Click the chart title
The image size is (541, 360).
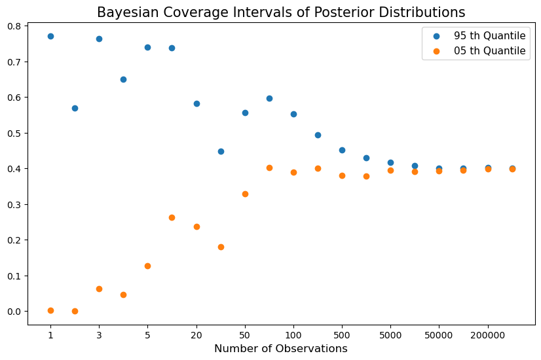point(281,12)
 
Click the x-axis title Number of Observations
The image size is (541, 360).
point(281,349)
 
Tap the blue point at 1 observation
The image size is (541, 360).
point(50,36)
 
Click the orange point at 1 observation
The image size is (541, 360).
point(50,310)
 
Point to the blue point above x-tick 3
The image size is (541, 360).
point(99,39)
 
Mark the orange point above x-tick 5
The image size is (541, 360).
point(147,266)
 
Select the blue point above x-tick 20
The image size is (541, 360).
point(196,103)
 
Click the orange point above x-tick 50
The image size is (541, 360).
point(245,194)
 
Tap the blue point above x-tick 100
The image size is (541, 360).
point(293,114)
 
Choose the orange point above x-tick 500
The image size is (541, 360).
point(342,175)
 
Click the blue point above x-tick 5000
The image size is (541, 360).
point(390,162)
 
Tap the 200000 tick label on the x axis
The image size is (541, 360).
point(488,335)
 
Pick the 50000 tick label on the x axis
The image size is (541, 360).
point(439,335)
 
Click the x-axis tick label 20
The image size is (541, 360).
point(196,335)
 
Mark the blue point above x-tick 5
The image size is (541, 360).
point(147,47)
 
